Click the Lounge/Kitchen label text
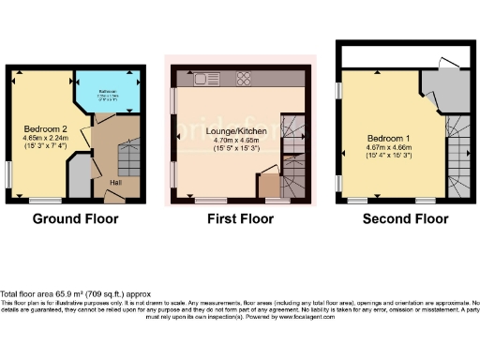(240, 130)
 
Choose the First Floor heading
(241, 219)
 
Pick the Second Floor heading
(406, 219)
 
